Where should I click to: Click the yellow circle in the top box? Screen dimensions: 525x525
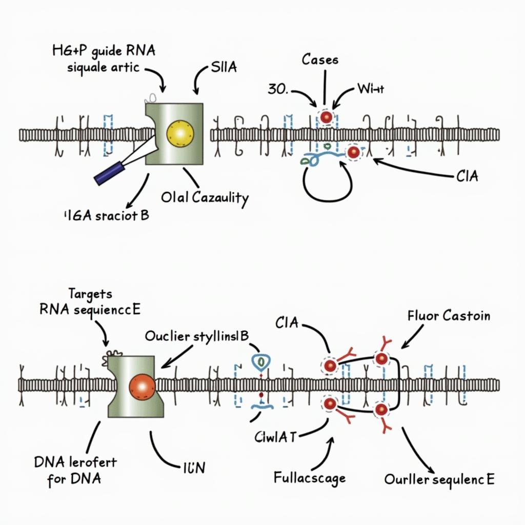click(x=181, y=134)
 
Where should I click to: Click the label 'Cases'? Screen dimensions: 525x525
click(x=320, y=59)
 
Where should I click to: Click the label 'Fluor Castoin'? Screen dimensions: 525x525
click(x=449, y=315)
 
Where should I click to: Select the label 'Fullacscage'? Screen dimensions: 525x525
click(x=309, y=479)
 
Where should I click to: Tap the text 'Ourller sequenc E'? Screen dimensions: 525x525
click(x=439, y=480)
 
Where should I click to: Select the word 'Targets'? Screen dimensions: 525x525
click(x=90, y=294)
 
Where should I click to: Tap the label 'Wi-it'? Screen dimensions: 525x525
click(x=371, y=90)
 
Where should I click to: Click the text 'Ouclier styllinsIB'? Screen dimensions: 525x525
click(x=197, y=336)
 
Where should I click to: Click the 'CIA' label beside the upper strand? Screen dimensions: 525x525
click(x=467, y=177)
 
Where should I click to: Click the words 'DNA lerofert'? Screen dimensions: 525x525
click(x=75, y=462)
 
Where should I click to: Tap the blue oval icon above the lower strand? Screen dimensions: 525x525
click(x=260, y=362)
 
